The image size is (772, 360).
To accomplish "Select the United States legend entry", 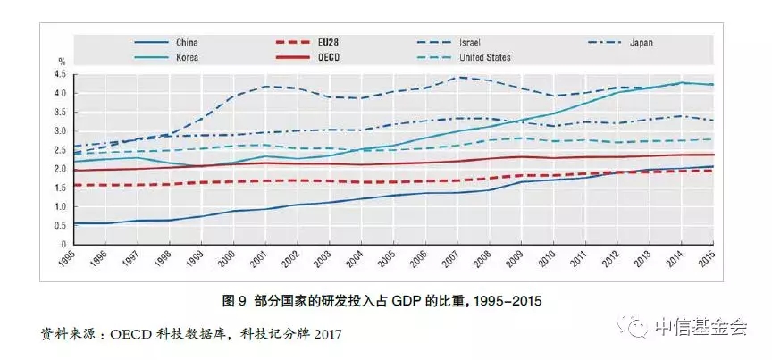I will (x=485, y=58).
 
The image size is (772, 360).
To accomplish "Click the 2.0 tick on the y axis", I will (x=61, y=169).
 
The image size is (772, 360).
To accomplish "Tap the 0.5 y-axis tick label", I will (x=61, y=225).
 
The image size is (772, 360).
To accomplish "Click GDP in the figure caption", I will (x=400, y=301).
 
